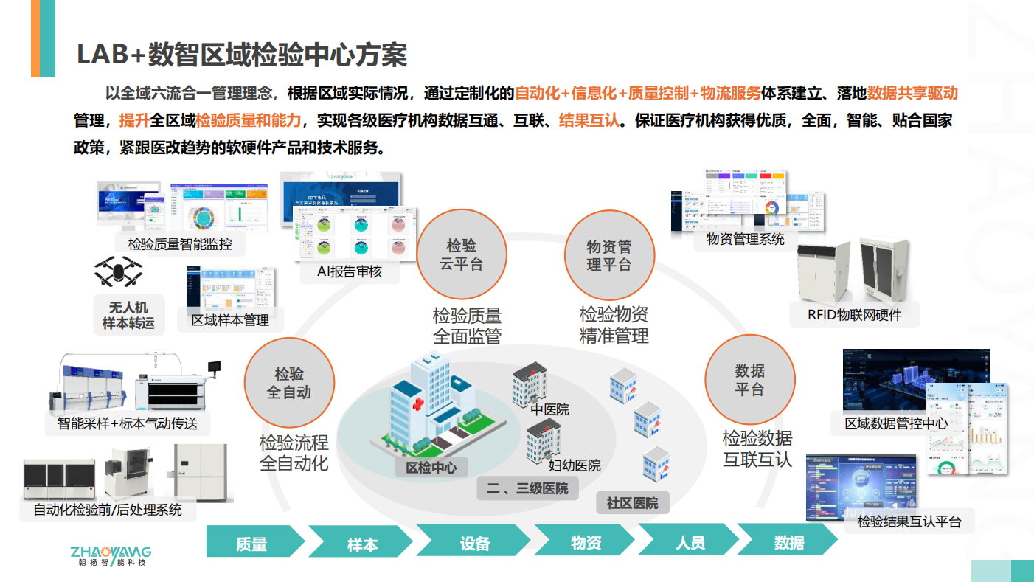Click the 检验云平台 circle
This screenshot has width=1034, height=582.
click(462, 255)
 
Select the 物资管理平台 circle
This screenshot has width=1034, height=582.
click(609, 255)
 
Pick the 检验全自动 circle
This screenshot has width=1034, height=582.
click(289, 383)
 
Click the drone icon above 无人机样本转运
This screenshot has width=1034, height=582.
click(119, 271)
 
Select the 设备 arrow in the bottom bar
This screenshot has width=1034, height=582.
click(474, 544)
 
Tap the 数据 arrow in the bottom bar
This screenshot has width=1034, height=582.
click(788, 544)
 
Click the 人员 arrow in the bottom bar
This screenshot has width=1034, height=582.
click(690, 544)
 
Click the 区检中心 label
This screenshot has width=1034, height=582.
click(431, 468)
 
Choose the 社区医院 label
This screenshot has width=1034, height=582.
click(632, 504)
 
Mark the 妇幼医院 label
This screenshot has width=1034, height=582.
click(575, 466)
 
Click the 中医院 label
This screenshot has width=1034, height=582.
click(549, 410)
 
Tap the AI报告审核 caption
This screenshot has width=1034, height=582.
click(350, 271)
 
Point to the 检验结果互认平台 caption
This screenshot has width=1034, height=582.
click(909, 522)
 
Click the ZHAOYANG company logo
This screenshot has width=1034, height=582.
click(110, 555)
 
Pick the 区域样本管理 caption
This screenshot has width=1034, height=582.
click(230, 320)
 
